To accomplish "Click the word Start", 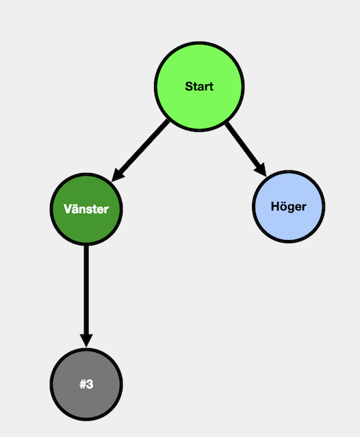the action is (199, 86).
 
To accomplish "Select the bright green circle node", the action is (199, 86).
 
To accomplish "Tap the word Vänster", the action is (86, 209).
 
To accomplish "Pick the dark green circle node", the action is (86, 209).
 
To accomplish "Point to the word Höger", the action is (289, 207).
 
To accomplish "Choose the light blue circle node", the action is (289, 207).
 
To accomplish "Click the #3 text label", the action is (86, 384).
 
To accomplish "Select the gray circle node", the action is (86, 384).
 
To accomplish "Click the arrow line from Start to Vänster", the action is (140, 150).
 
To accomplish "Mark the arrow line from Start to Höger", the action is (246, 149).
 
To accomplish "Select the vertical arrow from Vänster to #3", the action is (86, 297).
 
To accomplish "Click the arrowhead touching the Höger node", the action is (261, 170).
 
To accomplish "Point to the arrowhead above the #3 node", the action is (86, 341).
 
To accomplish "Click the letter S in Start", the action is (189, 86).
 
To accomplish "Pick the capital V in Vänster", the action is (68, 209).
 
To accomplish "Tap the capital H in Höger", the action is (275, 207).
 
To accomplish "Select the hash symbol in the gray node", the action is (83, 384).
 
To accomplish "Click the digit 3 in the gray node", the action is (90, 384).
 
